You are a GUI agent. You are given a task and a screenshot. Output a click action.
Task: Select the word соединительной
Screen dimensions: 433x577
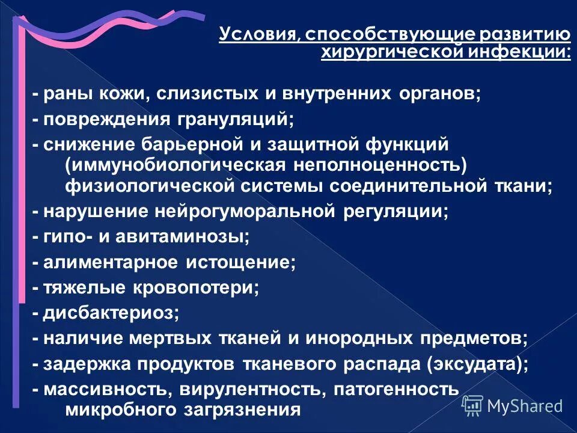(415, 185)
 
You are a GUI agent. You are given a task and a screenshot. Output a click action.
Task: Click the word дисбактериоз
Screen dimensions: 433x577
(111, 313)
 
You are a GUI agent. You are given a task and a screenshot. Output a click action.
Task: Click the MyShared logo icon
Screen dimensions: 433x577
(472, 406)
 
